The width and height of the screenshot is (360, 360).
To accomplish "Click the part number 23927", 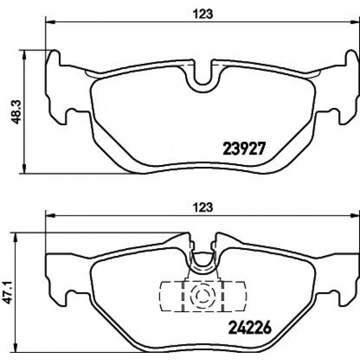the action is coord(244,148).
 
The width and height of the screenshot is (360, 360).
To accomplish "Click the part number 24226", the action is coord(250,327).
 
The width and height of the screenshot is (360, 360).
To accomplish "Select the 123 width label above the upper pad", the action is coord(203,14).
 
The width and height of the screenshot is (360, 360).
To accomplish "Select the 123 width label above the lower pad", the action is coord(203,208).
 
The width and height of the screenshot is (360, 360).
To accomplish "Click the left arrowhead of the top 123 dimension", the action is coord(51,22).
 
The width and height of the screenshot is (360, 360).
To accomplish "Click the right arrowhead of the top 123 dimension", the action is coord(355,22).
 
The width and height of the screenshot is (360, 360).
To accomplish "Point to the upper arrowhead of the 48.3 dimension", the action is coord(24,55).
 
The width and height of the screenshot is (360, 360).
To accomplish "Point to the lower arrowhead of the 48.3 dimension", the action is coord(24,169).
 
